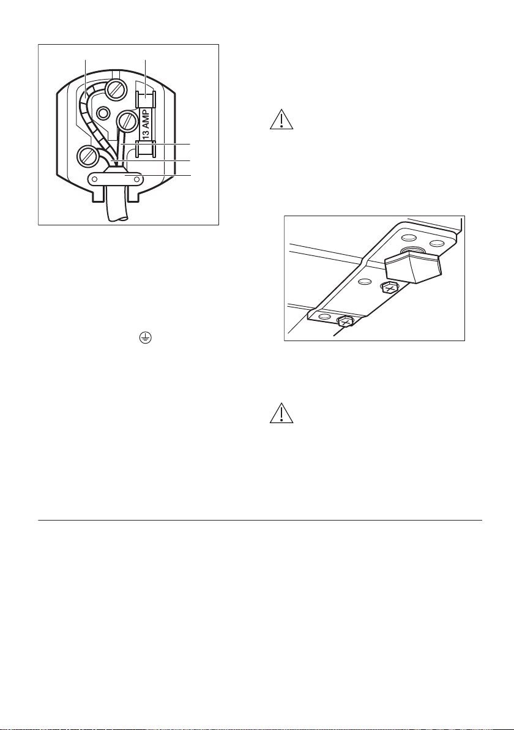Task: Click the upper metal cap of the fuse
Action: (x=146, y=100)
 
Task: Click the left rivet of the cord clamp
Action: (x=94, y=178)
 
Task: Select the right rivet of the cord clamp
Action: (x=136, y=178)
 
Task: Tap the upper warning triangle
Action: (x=281, y=119)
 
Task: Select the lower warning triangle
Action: (x=281, y=413)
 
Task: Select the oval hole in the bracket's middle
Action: (x=365, y=282)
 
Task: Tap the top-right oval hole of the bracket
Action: (x=436, y=243)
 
